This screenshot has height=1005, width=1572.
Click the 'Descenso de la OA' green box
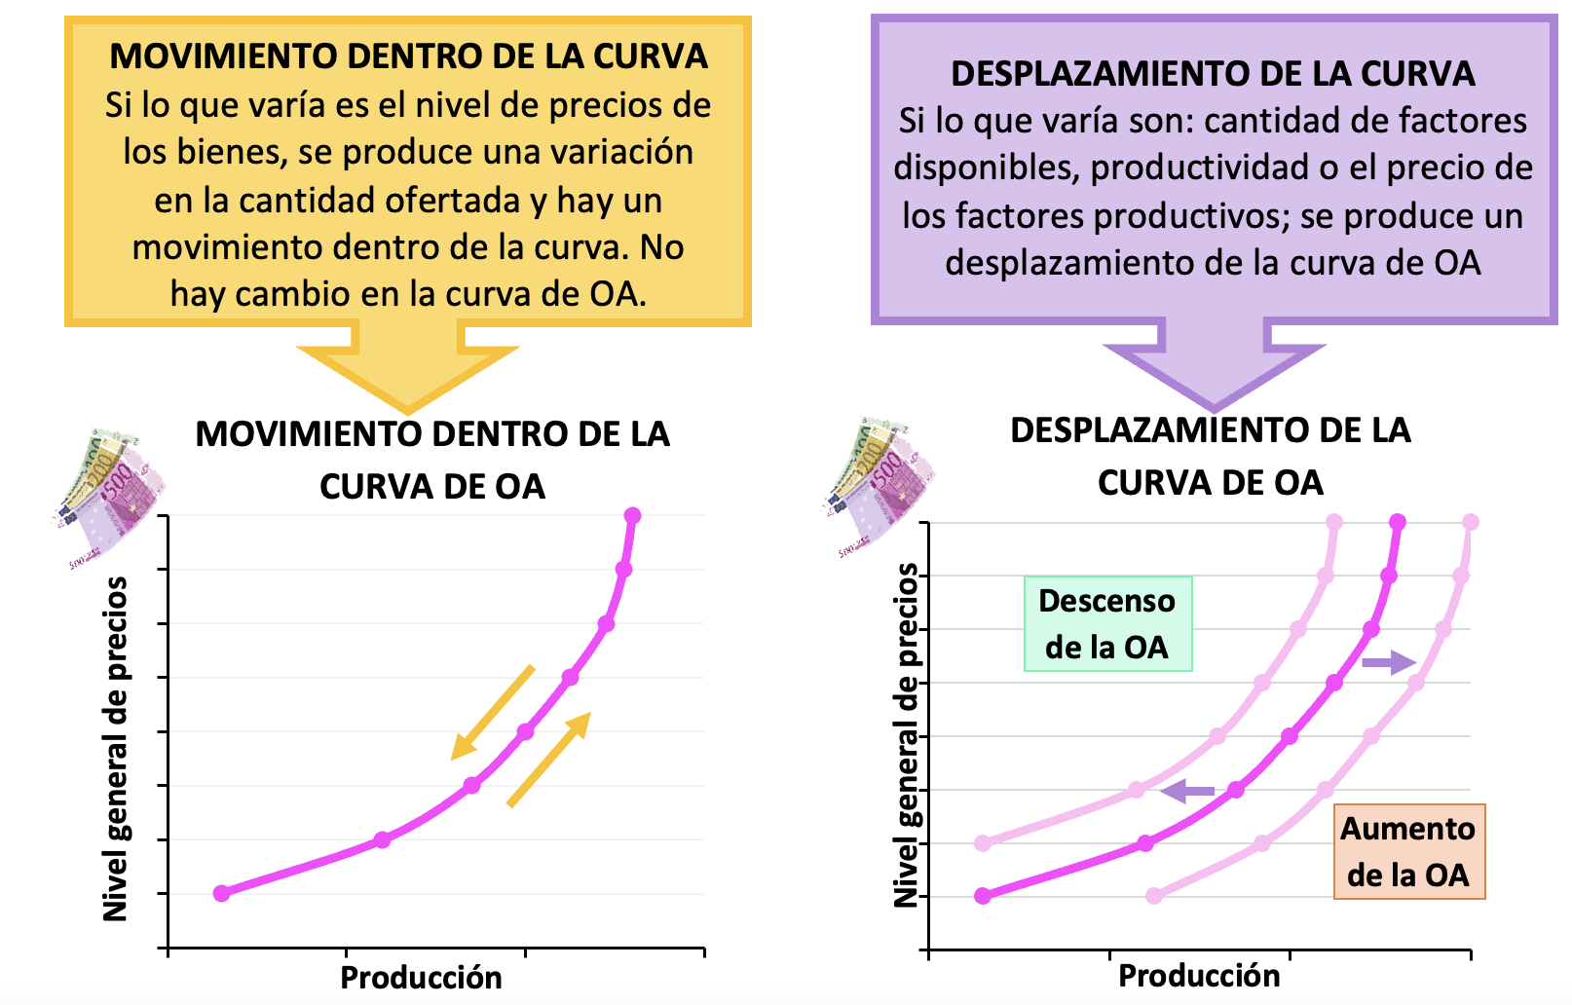click(x=1108, y=624)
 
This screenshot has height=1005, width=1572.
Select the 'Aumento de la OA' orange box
click(x=1409, y=851)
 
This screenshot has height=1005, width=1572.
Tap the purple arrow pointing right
click(x=1389, y=662)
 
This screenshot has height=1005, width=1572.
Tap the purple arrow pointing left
click(x=1187, y=791)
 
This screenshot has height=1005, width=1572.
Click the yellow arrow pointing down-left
click(x=493, y=712)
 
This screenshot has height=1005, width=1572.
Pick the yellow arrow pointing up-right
click(x=548, y=760)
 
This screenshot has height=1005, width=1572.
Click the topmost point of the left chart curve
click(x=632, y=516)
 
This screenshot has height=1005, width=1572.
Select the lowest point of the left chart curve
click(x=222, y=893)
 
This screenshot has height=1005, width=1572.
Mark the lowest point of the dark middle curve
click(x=983, y=896)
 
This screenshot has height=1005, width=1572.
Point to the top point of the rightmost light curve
click(x=1471, y=522)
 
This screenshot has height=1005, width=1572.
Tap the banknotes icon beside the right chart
click(x=878, y=489)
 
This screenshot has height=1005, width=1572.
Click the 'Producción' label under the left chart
click(x=421, y=978)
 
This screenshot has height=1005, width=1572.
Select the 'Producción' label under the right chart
click(x=1199, y=976)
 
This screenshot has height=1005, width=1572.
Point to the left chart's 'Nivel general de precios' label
click(x=116, y=749)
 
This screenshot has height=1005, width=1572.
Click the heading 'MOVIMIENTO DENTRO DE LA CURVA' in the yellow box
click(x=408, y=56)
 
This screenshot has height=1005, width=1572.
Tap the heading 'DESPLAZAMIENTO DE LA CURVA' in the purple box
click(x=1214, y=74)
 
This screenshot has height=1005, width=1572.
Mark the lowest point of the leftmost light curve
click(x=983, y=843)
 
